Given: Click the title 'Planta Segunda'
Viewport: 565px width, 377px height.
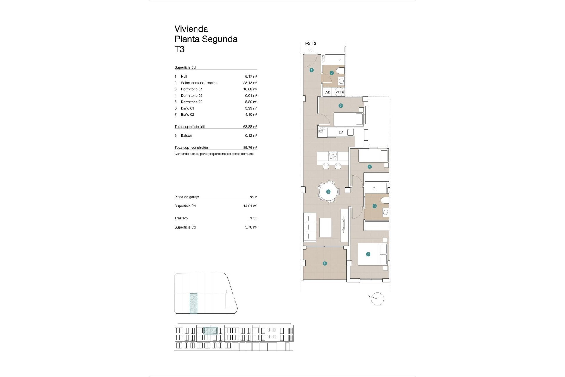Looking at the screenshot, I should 206,39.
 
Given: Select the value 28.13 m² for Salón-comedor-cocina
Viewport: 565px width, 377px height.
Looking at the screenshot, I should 250,83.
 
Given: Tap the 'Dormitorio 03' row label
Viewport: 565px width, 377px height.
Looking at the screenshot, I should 192,102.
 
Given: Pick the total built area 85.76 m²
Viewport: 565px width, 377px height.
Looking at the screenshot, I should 250,148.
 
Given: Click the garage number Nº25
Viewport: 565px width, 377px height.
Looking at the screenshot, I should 253,197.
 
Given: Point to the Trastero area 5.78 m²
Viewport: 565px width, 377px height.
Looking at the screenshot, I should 251,227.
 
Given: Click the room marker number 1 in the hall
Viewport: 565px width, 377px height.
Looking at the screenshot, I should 312,70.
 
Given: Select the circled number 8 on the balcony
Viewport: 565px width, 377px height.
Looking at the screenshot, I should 325,263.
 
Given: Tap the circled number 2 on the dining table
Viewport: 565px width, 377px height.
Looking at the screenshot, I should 328,192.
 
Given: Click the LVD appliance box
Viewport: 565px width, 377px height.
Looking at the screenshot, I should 327,92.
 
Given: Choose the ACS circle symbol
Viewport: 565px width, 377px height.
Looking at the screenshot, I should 339,92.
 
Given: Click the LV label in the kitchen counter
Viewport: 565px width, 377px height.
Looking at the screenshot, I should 341,132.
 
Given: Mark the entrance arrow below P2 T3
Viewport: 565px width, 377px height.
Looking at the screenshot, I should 311,50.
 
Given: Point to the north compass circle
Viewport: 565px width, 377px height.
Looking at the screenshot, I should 378,299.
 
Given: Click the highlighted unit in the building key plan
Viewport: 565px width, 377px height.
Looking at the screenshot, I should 193,303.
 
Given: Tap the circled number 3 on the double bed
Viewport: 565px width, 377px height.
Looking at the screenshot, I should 368,254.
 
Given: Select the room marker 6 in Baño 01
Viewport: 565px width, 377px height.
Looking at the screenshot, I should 375,206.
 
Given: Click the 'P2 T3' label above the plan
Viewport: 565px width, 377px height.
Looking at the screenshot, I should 311,43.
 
